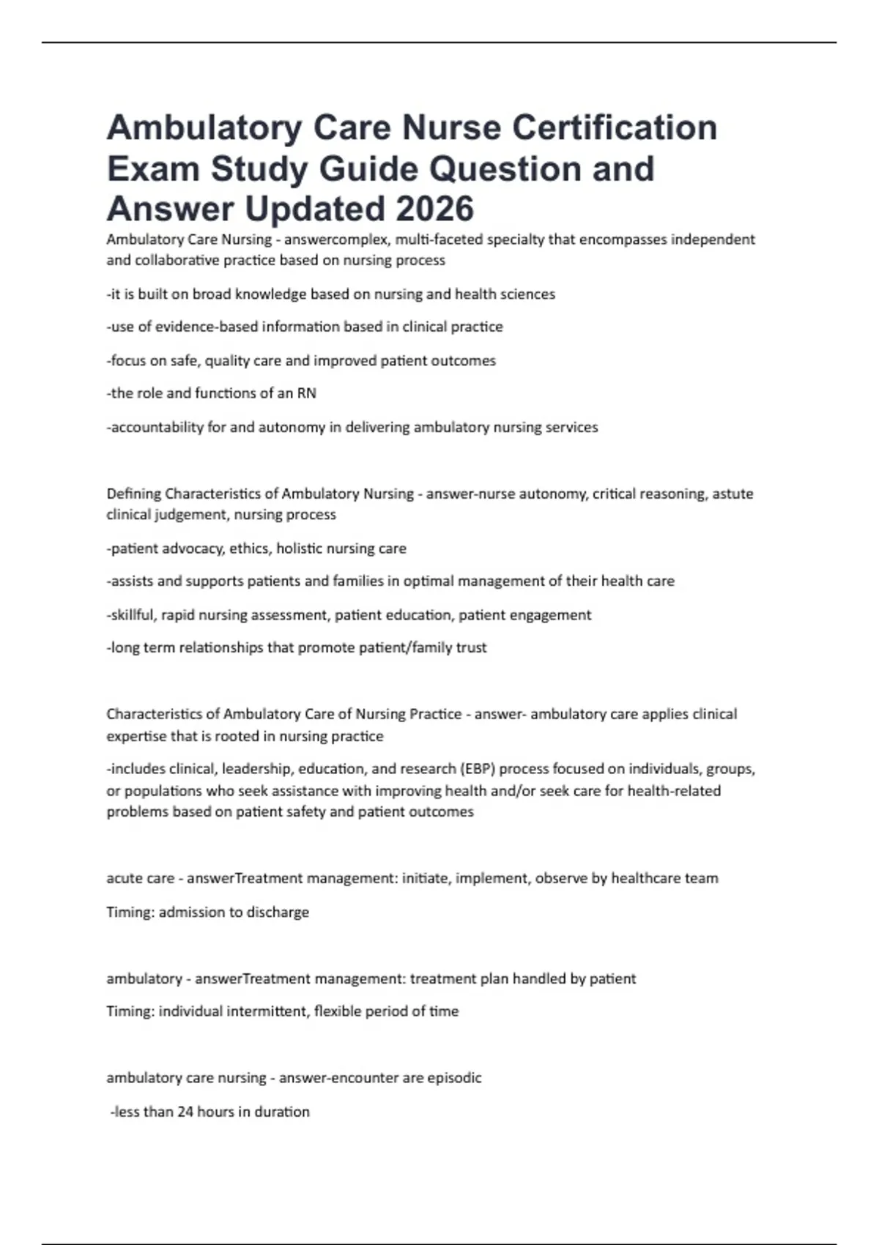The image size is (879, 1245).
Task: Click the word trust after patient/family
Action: click(x=471, y=647)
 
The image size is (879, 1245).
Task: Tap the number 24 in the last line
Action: click(x=185, y=1112)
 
